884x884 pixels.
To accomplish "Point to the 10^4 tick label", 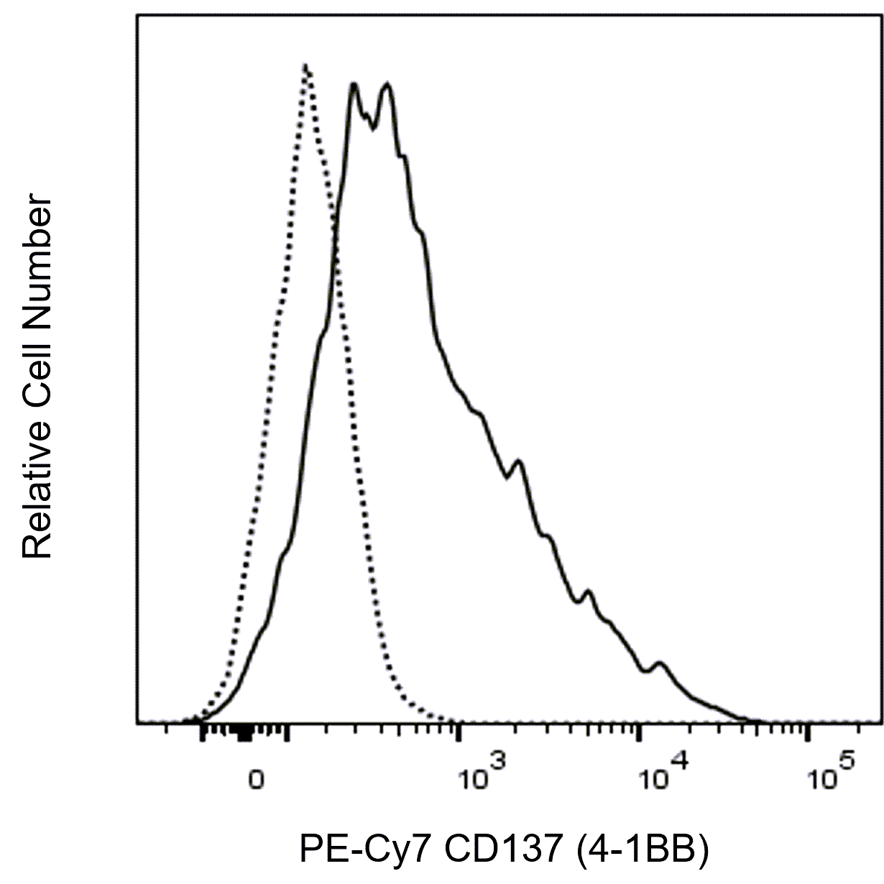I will [665, 775].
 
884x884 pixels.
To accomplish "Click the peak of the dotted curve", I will [306, 66].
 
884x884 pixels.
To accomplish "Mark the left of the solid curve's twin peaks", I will [354, 85].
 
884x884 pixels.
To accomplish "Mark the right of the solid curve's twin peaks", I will [387, 85].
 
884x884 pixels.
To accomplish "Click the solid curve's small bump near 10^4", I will [659, 663].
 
